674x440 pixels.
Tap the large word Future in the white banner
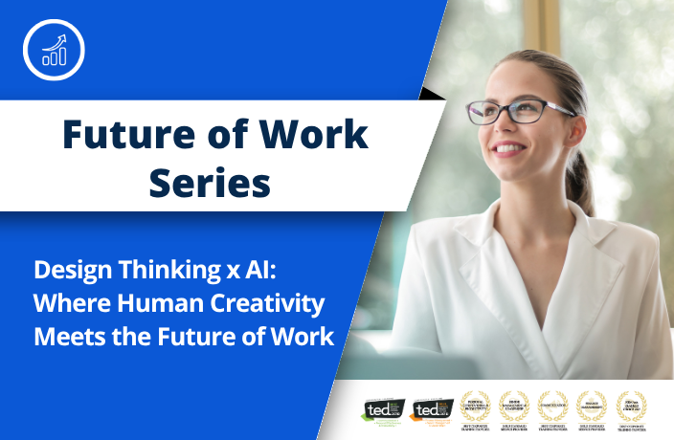(x=124, y=134)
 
